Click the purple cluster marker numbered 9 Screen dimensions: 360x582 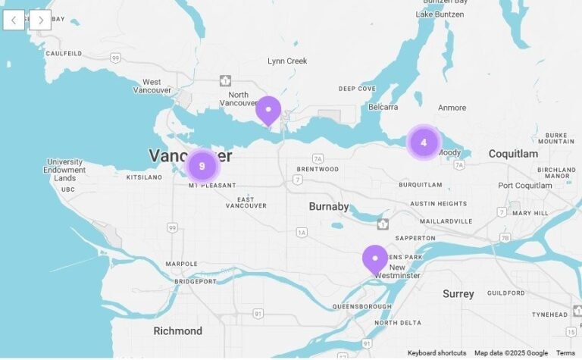coord(202,166)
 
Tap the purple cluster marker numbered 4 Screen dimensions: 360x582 coord(424,142)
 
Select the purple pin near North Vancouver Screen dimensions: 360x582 coord(268,110)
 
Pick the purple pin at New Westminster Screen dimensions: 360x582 coord(375,258)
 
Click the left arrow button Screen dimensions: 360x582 coord(14,20)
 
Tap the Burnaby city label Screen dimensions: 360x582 coord(329,206)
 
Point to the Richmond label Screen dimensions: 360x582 coord(178,331)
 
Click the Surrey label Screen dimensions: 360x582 coord(458,293)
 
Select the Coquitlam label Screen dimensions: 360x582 coord(513,154)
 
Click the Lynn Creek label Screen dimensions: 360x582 coord(287,61)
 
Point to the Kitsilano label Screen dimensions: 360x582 coord(143,177)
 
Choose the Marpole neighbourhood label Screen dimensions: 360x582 coord(182,264)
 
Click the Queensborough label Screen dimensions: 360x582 coord(361,307)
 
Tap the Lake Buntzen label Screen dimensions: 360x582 coord(440,14)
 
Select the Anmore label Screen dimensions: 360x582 coord(452,108)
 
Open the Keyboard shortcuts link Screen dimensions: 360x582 coord(436,353)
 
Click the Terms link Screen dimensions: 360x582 coord(565,353)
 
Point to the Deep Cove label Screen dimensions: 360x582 coord(357,89)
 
